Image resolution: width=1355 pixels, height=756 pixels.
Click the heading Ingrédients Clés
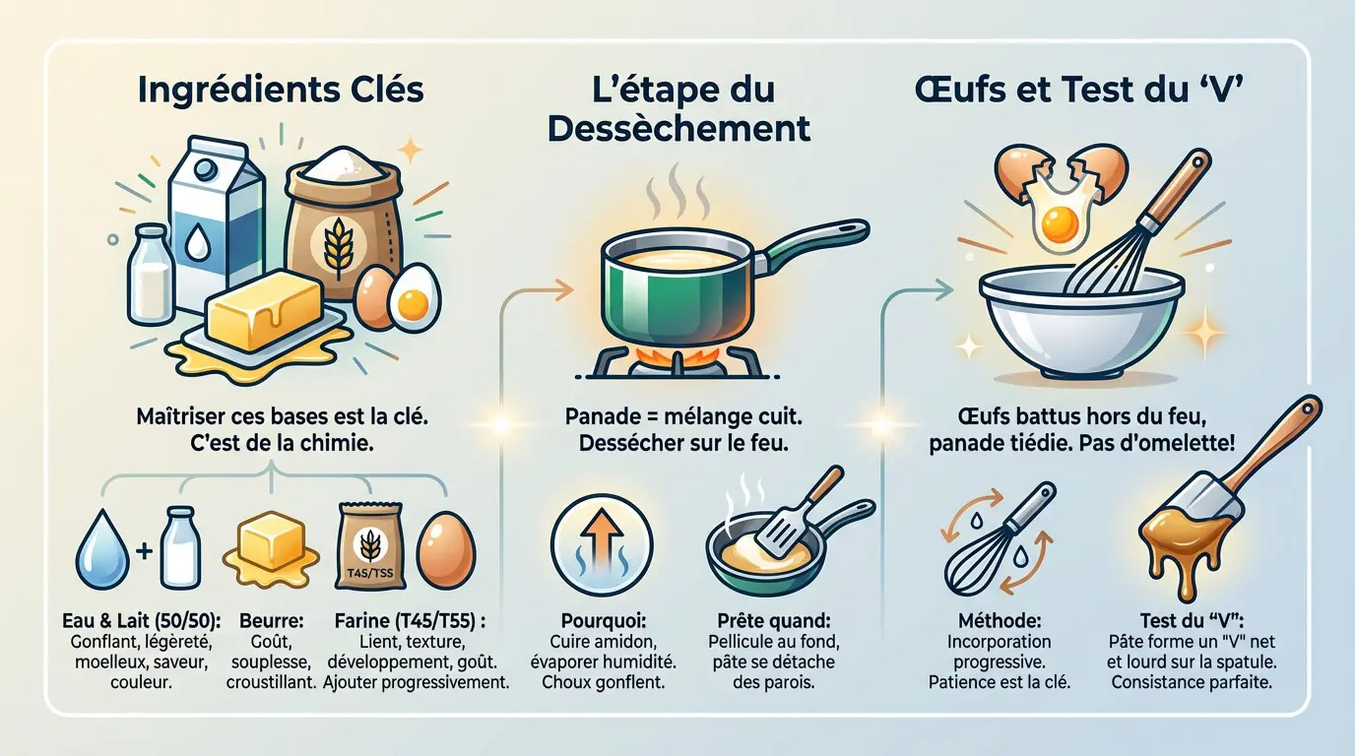(281, 91)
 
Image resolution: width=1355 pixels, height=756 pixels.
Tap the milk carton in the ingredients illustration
(215, 221)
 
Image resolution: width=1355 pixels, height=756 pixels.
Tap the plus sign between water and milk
(144, 550)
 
